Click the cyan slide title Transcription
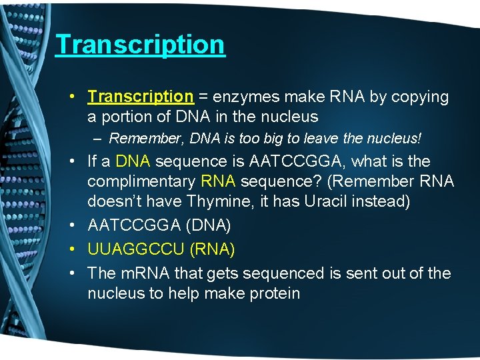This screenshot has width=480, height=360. tap(140, 45)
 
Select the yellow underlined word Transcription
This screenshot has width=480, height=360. tap(140, 97)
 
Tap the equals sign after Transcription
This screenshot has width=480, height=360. tap(203, 97)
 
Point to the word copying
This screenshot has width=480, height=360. tap(419, 97)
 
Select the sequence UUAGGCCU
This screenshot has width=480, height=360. tap(136, 249)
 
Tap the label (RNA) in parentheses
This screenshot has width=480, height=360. tap(212, 249)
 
